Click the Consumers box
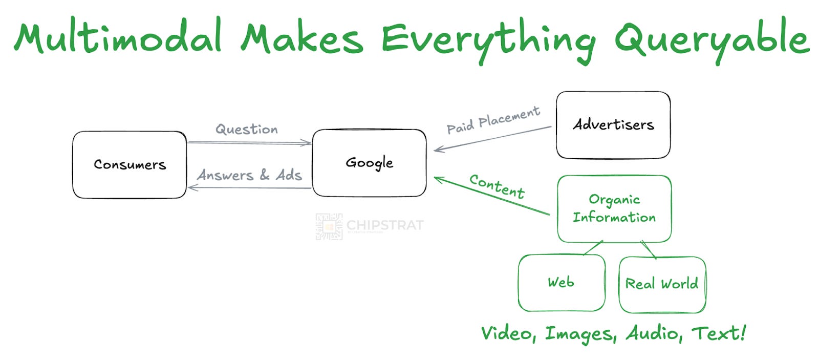click(x=130, y=164)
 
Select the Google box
click(x=369, y=163)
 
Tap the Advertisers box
click(x=613, y=124)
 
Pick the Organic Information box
click(x=614, y=208)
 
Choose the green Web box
click(x=562, y=283)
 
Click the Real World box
click(x=662, y=284)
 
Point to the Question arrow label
click(x=247, y=129)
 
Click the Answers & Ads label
click(x=249, y=175)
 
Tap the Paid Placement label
click(x=493, y=120)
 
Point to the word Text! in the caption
click(x=719, y=333)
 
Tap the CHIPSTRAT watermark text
click(x=385, y=225)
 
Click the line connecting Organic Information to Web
click(x=593, y=248)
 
